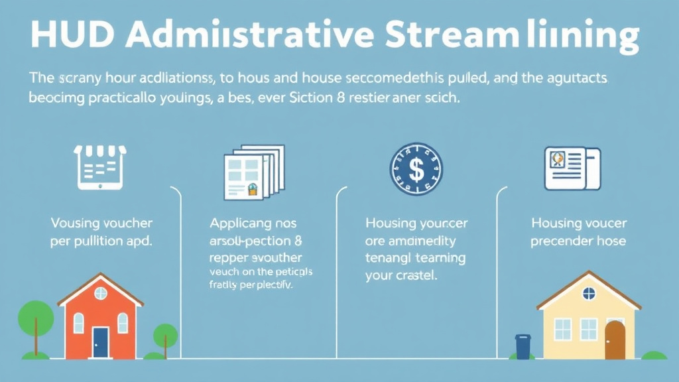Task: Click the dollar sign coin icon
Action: [416, 170]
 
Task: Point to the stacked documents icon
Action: [254, 172]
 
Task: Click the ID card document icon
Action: [572, 168]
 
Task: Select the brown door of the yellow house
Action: [615, 339]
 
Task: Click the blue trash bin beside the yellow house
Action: [524, 346]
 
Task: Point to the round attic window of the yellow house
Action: [588, 293]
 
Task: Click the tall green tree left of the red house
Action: [35, 320]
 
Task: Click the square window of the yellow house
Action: [562, 329]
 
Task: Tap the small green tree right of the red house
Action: [165, 337]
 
